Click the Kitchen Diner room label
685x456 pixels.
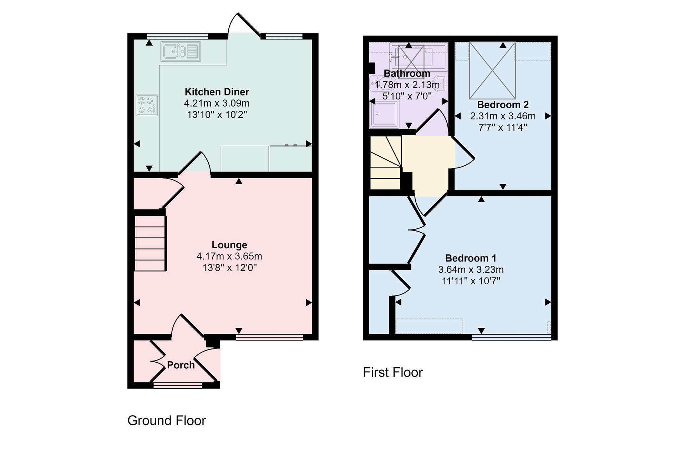(x=217, y=92)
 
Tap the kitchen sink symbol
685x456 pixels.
(x=181, y=51)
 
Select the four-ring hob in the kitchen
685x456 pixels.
(x=147, y=105)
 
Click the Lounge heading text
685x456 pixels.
(x=229, y=245)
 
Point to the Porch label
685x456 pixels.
(x=181, y=365)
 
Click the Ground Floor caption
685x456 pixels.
(x=167, y=421)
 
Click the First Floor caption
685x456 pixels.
(x=393, y=372)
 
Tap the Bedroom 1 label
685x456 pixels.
(x=471, y=258)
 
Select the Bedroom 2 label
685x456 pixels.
(x=503, y=105)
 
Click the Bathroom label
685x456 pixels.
(x=407, y=74)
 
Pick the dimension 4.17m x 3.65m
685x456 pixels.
(x=229, y=256)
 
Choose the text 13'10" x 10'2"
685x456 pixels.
(x=217, y=115)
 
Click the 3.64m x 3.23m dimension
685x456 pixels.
(x=471, y=270)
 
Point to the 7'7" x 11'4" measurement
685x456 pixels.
(x=503, y=128)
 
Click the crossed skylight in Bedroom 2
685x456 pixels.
(x=492, y=71)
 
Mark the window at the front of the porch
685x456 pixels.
(x=178, y=385)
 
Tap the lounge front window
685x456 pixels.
(x=269, y=337)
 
